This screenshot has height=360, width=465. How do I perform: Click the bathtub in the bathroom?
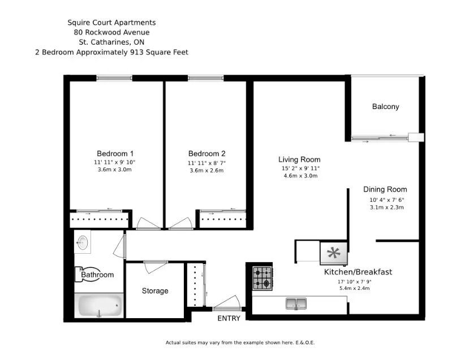[99, 306]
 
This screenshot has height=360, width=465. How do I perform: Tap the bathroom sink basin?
[83, 242]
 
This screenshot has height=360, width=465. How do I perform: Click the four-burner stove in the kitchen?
[262, 278]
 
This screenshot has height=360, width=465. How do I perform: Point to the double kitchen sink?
[296, 303]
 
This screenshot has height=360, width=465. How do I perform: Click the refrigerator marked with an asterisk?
[334, 253]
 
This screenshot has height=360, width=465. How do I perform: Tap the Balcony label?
[386, 107]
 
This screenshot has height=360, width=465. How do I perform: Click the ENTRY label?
[229, 318]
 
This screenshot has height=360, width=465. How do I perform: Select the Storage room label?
[155, 291]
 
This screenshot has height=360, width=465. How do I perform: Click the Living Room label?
[299, 159]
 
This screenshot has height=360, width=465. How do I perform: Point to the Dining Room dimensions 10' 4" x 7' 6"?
[387, 199]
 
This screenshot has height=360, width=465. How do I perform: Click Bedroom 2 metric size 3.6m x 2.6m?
[206, 170]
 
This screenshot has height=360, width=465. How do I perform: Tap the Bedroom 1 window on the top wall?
[114, 78]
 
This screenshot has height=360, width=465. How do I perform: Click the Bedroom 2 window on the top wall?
[205, 78]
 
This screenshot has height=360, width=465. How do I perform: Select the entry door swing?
[227, 302]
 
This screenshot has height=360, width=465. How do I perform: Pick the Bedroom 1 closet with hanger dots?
[100, 219]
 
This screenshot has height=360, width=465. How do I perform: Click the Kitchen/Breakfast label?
[358, 272]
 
